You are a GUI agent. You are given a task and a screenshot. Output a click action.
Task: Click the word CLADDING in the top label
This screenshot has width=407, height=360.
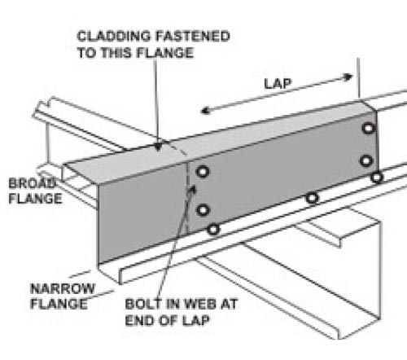tap(113, 37)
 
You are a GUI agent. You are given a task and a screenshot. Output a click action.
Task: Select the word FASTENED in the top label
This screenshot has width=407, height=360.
tap(192, 37)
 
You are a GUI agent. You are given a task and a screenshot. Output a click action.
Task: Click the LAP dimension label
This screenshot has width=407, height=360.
tap(278, 83)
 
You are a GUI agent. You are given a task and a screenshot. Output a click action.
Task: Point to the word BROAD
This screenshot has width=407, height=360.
tap(32, 183)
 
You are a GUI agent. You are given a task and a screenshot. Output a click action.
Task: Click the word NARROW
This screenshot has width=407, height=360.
tap(63, 288)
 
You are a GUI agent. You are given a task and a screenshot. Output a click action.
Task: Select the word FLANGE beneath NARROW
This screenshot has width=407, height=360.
tap(59, 304)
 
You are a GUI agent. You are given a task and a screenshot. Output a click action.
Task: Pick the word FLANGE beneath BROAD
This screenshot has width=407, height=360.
tap(35, 199)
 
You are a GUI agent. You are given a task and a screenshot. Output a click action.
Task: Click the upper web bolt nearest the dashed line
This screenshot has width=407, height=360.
tap(203, 172)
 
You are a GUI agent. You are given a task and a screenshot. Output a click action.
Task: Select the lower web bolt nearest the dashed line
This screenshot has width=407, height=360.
tap(203, 210)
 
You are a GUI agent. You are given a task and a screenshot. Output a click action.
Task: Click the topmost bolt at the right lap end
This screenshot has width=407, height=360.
tap(369, 128)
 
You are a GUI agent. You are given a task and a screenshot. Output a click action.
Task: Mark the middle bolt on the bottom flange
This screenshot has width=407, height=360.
tap(312, 198)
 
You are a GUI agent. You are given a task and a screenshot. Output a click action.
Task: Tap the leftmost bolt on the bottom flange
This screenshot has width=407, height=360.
tap(213, 230)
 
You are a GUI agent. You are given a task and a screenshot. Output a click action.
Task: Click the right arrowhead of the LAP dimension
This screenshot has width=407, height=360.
tap(348, 77)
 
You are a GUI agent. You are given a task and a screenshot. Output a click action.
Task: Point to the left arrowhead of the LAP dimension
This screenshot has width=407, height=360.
tap(205, 111)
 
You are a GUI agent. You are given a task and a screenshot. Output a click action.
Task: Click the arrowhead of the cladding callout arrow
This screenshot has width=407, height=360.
tap(158, 147)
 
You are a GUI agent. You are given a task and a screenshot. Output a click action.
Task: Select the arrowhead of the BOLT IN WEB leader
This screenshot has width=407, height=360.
tap(192, 189)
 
